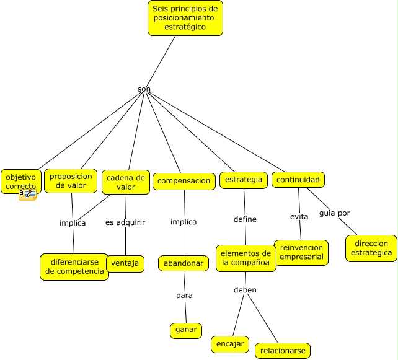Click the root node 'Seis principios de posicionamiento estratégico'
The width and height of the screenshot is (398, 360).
click(x=185, y=18)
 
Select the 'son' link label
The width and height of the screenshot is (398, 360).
click(x=144, y=89)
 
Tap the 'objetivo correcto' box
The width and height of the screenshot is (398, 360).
click(x=21, y=182)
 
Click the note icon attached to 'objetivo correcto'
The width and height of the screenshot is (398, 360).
click(x=28, y=195)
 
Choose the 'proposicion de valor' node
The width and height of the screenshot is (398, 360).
click(x=71, y=181)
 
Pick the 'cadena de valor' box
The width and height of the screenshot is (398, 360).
click(x=126, y=182)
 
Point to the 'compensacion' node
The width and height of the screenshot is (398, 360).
click(x=184, y=182)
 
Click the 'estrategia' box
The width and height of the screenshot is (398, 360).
click(x=244, y=180)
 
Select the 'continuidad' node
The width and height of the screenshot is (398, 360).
click(x=298, y=180)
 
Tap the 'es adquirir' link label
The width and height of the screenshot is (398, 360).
click(x=125, y=222)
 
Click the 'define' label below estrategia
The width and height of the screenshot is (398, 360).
click(x=245, y=219)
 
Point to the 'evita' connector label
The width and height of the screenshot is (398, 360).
click(x=299, y=217)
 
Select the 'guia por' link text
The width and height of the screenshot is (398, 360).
click(x=335, y=213)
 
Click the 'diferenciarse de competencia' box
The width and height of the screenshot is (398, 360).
click(x=74, y=267)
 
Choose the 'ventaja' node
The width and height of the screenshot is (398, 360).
click(x=125, y=263)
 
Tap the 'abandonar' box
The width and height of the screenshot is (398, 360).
click(x=184, y=263)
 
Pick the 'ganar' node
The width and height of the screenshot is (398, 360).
click(x=186, y=331)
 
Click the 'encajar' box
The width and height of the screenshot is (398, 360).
click(x=230, y=345)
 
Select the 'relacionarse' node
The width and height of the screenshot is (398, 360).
click(x=283, y=351)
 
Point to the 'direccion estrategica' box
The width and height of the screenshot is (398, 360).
click(x=371, y=248)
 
